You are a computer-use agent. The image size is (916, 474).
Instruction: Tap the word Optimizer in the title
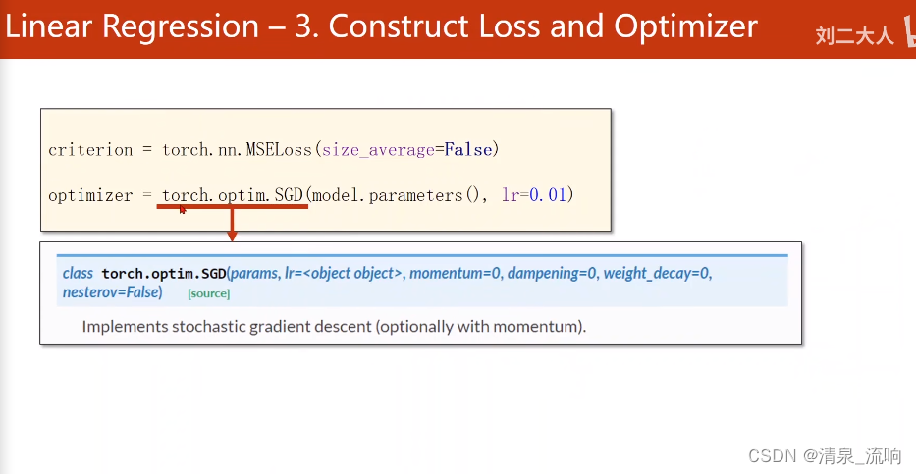tap(686, 26)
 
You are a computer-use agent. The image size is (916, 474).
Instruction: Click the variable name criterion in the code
tap(90, 150)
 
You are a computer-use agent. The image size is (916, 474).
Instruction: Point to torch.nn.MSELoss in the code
tap(238, 150)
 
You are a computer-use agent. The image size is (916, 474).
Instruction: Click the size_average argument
tap(379, 150)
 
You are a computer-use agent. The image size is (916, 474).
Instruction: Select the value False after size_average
tap(468, 150)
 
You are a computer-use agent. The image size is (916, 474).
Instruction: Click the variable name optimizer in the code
tap(90, 195)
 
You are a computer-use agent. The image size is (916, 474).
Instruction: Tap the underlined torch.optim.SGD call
tap(233, 195)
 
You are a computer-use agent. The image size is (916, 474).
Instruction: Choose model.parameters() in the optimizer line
tap(396, 195)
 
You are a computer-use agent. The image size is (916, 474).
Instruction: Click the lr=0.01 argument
tap(534, 195)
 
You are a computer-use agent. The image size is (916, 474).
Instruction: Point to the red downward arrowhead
tap(232, 236)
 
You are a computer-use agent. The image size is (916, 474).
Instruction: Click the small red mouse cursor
tap(183, 210)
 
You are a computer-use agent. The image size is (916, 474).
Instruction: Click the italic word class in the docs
tap(78, 273)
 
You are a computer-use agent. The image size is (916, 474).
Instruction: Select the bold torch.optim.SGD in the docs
tap(164, 273)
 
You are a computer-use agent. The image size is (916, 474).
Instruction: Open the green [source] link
tap(208, 293)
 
